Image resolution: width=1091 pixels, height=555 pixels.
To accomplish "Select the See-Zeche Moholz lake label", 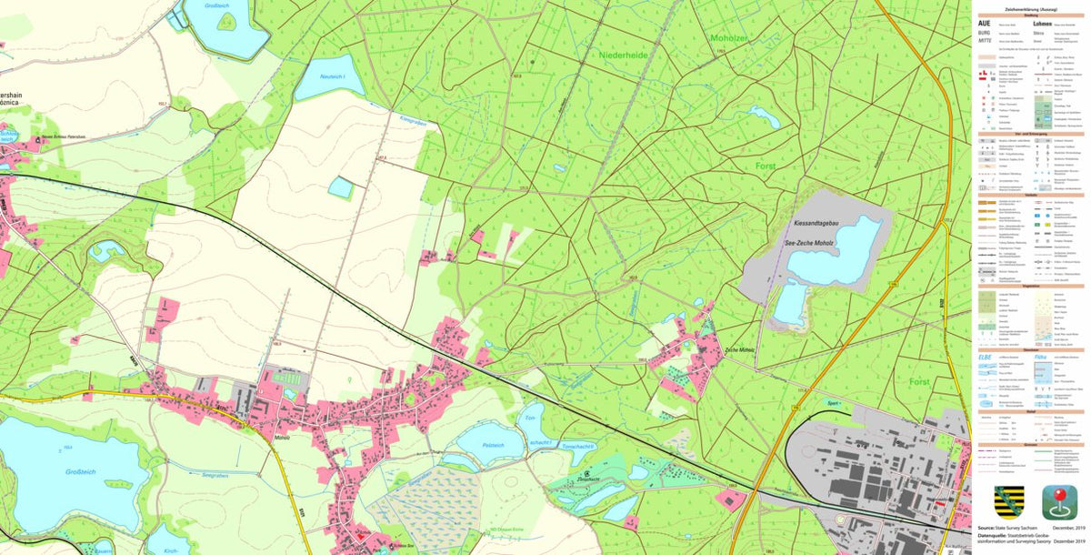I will [816, 245].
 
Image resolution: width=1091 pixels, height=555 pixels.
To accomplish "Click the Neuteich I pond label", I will [333, 76].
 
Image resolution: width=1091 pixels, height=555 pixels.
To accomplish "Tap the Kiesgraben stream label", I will [413, 120].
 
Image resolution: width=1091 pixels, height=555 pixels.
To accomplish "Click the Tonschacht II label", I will [578, 445].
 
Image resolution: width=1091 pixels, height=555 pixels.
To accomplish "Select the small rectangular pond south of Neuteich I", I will [340, 187].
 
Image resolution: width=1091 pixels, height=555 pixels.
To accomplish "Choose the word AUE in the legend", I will [985, 23].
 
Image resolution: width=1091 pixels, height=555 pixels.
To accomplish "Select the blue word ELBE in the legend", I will [986, 357].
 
